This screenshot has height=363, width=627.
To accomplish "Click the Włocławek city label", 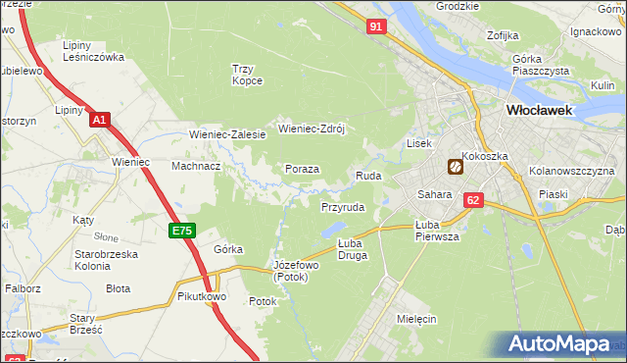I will point(538,111).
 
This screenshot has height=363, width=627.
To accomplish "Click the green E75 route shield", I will point(181,231).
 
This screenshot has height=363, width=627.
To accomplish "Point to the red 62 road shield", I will point(474,200).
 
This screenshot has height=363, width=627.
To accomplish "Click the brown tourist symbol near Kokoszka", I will point(456,168).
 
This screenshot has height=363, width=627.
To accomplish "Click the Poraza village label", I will point(302,169).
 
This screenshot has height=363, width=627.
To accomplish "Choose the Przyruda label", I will point(343,208).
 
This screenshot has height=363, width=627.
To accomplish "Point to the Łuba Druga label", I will point(351,248).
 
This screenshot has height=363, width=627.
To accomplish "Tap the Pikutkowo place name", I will point(203,295).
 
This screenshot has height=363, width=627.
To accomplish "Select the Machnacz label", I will point(196,166).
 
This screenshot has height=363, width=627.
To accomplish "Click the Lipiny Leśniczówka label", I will point(92,51).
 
